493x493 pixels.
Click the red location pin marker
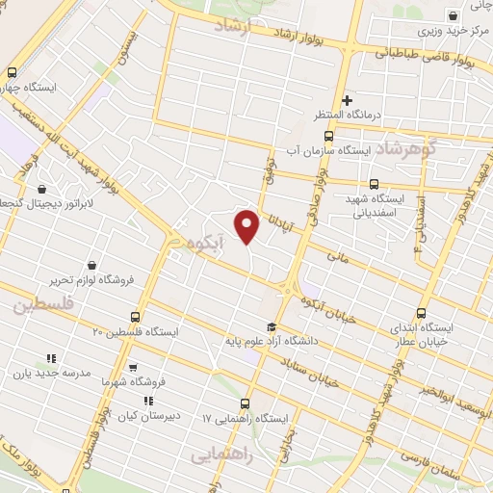coord(248,225)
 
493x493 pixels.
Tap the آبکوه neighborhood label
coord(206,244)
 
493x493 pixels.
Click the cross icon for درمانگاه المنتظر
coord(348,100)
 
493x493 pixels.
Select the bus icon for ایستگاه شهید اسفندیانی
coord(375,184)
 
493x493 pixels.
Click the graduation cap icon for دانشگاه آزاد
coord(272,325)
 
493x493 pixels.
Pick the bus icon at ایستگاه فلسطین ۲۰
coord(134,316)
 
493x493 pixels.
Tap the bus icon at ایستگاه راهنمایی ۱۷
coord(245,404)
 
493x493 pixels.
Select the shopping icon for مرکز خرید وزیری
coord(452,17)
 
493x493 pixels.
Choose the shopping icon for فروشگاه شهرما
coord(133,367)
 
